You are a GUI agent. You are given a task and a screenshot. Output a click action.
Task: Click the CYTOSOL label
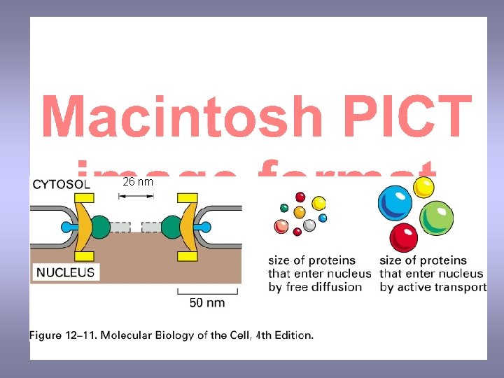(x=62, y=185)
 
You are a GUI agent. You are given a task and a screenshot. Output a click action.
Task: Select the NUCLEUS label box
(x=65, y=272)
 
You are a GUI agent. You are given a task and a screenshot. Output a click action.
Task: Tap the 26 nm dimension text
(x=138, y=182)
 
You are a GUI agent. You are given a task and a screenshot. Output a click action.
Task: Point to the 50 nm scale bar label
(x=208, y=302)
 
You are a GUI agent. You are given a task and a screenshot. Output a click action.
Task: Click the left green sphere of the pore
(x=101, y=227)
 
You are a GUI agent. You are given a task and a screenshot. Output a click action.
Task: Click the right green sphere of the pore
(x=171, y=227)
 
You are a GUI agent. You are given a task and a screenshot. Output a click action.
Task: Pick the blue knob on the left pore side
(x=68, y=227)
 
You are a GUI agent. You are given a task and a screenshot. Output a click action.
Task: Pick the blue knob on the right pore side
(x=204, y=227)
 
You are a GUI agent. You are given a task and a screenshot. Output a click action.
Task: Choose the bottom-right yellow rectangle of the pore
(x=187, y=257)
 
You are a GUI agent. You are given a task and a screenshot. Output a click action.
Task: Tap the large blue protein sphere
(x=395, y=203)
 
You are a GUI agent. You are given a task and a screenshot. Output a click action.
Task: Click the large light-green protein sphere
(x=436, y=218)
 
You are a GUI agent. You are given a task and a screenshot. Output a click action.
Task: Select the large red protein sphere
(x=404, y=237)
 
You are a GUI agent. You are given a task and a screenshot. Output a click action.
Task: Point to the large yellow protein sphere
(x=423, y=187)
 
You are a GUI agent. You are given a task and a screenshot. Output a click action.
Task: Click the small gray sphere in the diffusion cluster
(x=309, y=225)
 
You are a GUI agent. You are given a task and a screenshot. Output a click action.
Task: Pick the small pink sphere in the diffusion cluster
(x=281, y=225)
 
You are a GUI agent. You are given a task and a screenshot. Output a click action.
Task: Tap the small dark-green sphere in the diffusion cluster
(x=284, y=207)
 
